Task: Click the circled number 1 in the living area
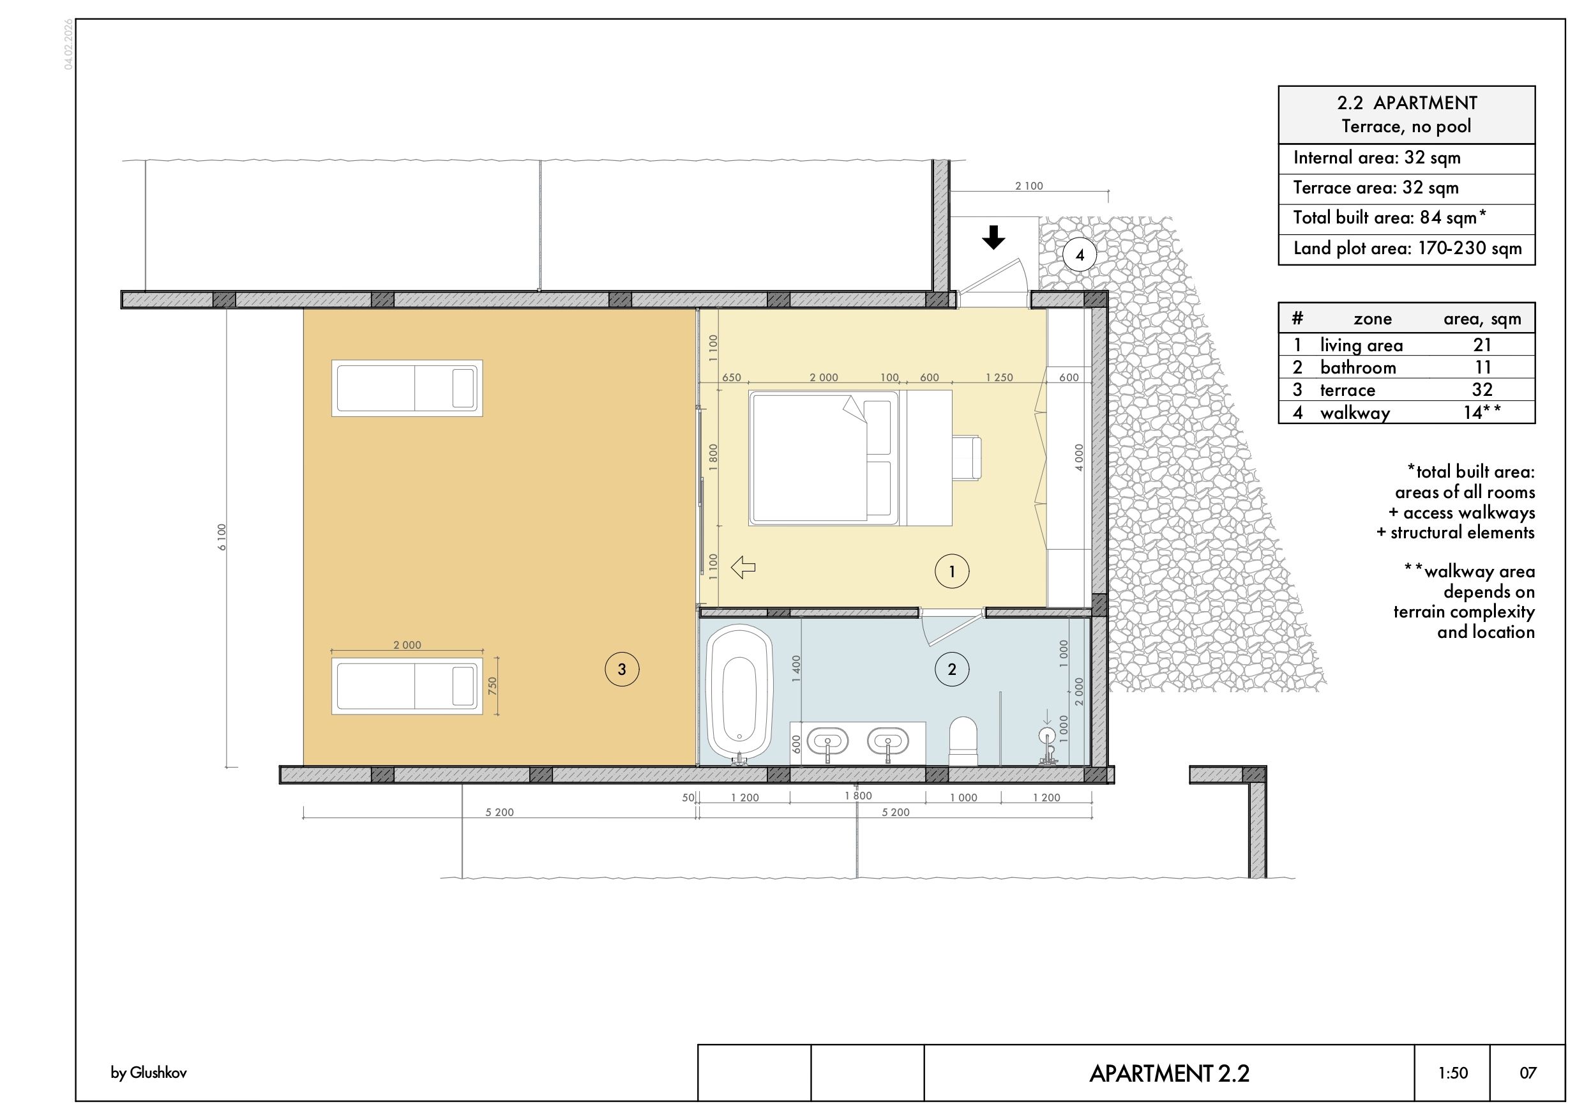click(952, 571)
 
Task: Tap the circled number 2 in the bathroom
click(952, 669)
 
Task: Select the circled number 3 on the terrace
click(622, 669)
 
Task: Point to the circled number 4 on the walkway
click(1080, 255)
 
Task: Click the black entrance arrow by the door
click(993, 238)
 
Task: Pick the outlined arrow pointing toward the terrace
click(743, 567)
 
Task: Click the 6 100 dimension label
click(222, 537)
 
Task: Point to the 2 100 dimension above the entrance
click(1029, 186)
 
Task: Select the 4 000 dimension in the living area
click(1079, 458)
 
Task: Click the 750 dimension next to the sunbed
click(492, 685)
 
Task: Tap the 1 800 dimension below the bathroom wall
click(858, 796)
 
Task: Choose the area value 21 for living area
click(1482, 344)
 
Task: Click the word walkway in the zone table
click(1355, 412)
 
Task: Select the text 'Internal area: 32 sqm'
click(1377, 157)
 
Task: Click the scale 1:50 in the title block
click(1453, 1072)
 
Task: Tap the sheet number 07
click(1528, 1072)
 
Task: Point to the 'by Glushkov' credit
click(148, 1072)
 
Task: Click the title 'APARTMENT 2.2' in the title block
click(1170, 1073)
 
